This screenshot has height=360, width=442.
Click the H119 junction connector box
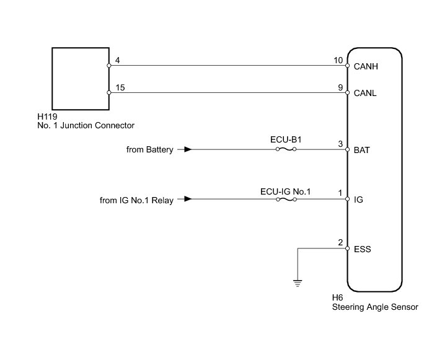79,78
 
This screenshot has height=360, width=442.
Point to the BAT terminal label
361,150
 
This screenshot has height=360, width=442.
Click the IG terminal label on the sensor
358,200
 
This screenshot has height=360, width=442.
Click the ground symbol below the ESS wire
298,283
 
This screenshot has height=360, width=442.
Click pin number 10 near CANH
338,60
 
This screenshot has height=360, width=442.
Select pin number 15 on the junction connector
120,87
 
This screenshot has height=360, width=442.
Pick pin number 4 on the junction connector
117,60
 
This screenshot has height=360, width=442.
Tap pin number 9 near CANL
340,87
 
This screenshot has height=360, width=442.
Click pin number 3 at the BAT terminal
340,144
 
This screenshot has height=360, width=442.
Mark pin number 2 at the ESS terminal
340,243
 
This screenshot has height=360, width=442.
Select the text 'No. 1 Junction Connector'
86,125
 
